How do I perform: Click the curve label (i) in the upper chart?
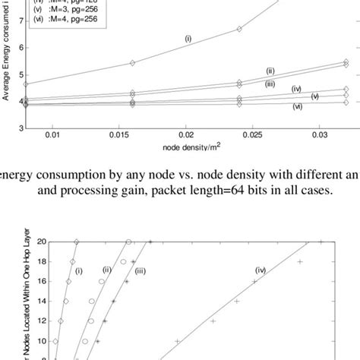188,36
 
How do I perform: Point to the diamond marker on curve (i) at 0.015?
132,63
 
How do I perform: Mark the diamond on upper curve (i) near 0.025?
238,29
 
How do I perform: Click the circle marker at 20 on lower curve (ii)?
128,242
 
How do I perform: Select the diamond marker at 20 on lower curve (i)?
77,242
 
